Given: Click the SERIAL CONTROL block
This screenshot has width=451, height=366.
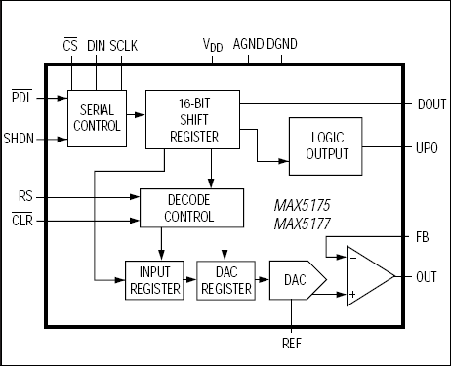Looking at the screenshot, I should click(x=97, y=118).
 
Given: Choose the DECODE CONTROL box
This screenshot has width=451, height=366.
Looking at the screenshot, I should click(x=189, y=207).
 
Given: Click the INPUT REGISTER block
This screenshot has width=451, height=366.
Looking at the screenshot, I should click(x=154, y=280).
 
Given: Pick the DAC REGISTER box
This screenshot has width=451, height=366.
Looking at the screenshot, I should click(x=225, y=280).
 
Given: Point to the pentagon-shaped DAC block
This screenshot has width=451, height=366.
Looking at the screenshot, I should click(x=292, y=280).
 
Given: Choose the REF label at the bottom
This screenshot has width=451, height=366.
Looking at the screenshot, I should click(x=292, y=343).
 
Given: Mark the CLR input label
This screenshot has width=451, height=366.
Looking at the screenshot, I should click(x=23, y=221).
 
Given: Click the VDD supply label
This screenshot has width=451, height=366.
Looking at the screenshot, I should click(x=212, y=45).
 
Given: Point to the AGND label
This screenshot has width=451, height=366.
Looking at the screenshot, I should click(x=248, y=44).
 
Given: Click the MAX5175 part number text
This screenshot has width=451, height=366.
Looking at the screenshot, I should click(x=304, y=207).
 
